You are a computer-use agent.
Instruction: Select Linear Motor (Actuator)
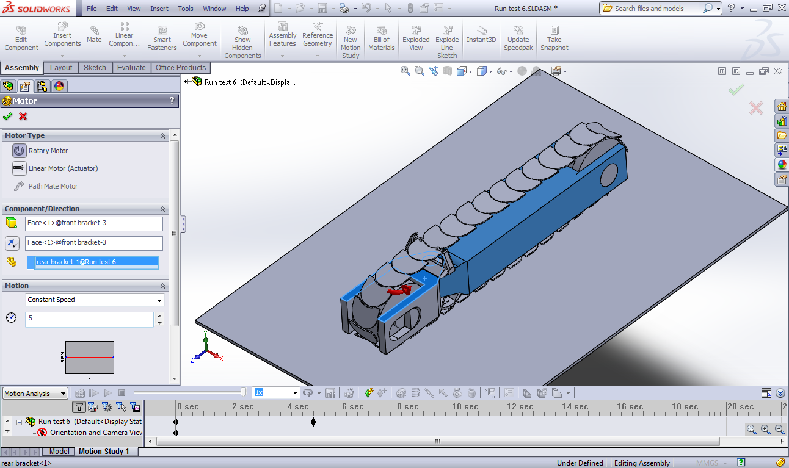pyautogui.click(x=55, y=168)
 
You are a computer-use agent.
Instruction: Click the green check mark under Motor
pyautogui.click(x=7, y=117)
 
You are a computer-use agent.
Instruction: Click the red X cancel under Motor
pyautogui.click(x=23, y=117)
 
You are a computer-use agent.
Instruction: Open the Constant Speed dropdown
pyautogui.click(x=95, y=300)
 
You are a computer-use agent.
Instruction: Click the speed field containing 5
pyautogui.click(x=89, y=319)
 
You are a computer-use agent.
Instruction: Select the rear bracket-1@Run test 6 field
pyautogui.click(x=96, y=262)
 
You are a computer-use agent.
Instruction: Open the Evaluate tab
pyautogui.click(x=131, y=68)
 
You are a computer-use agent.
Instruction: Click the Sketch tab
pyautogui.click(x=95, y=68)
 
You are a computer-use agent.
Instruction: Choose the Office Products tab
pyautogui.click(x=181, y=68)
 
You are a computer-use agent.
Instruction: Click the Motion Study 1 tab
pyautogui.click(x=104, y=452)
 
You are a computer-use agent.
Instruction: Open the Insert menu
pyautogui.click(x=159, y=9)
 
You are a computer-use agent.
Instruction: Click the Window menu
pyautogui.click(x=214, y=9)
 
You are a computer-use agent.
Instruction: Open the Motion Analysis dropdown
pyautogui.click(x=35, y=394)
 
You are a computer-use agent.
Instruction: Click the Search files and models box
pyautogui.click(x=656, y=9)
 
